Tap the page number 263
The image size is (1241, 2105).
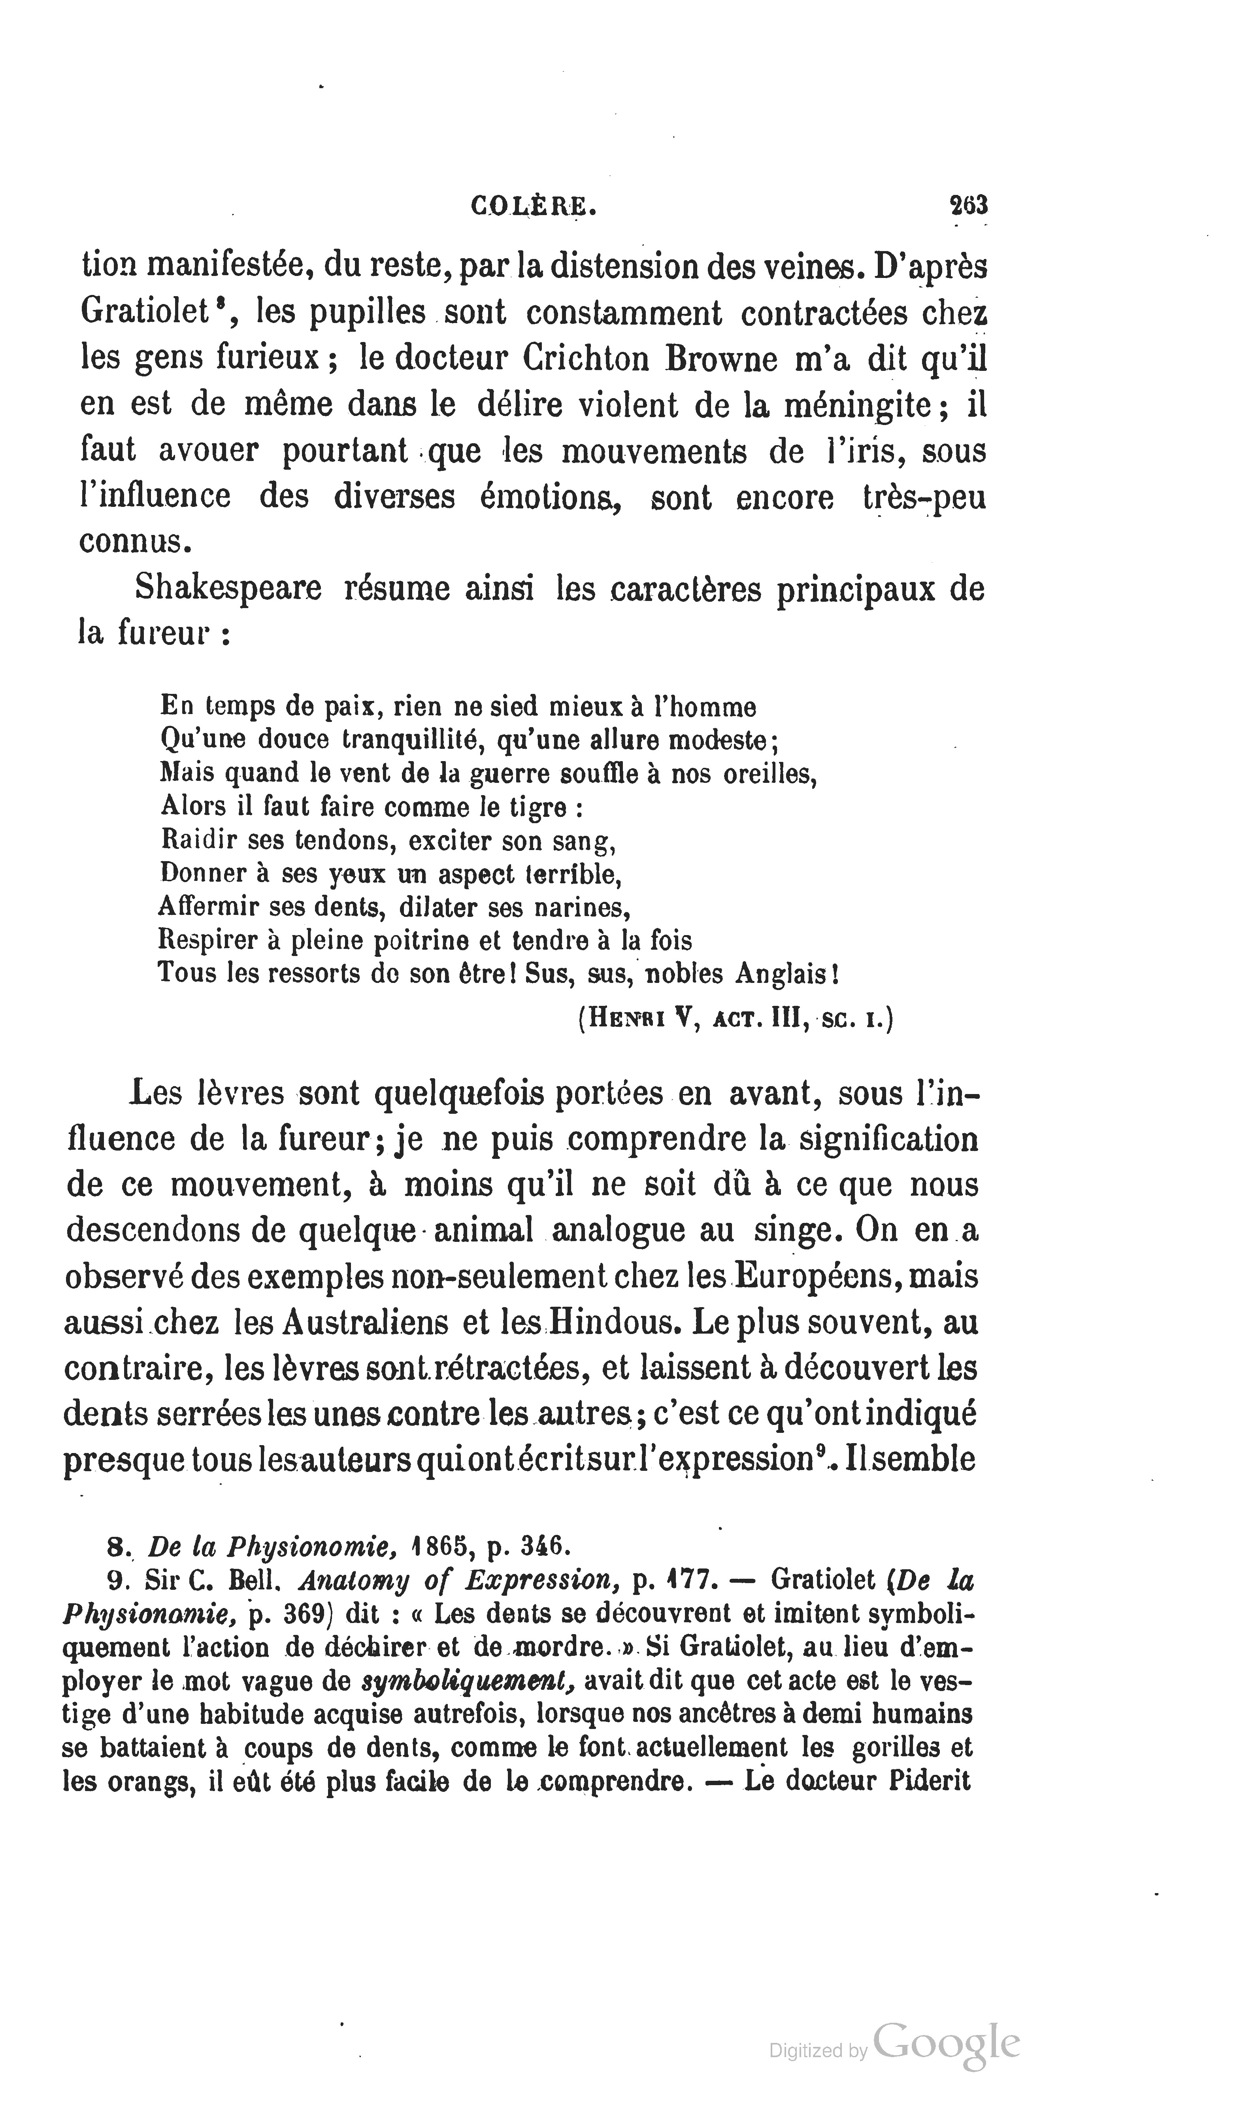[x=968, y=206]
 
